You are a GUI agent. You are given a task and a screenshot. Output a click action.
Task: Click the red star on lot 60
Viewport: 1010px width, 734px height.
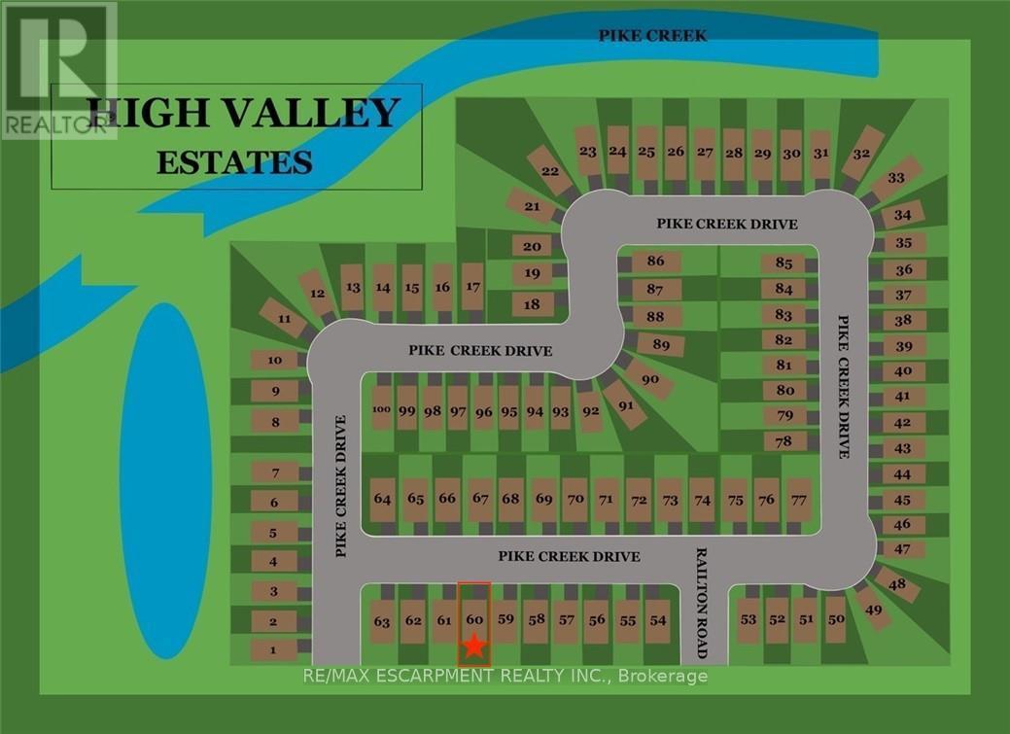(473, 646)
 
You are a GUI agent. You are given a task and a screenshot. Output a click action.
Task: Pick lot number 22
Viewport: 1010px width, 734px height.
(550, 171)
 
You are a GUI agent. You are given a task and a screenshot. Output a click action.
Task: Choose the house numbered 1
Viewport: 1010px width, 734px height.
(275, 650)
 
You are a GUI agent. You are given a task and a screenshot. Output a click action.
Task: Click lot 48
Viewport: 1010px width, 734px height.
(896, 584)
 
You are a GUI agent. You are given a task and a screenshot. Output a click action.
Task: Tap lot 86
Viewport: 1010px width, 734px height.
(655, 262)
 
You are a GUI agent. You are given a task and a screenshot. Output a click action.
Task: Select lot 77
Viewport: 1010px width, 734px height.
(799, 500)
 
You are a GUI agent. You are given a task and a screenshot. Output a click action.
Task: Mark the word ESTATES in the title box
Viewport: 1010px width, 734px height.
(235, 161)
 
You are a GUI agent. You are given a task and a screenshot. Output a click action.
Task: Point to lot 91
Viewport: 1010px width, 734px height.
(625, 404)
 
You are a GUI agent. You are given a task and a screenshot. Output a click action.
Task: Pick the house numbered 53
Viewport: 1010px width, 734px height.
(748, 619)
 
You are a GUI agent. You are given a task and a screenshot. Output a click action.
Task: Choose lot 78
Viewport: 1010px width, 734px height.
(785, 440)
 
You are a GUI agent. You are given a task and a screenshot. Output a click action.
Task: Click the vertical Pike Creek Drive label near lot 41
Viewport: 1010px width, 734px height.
(845, 386)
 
